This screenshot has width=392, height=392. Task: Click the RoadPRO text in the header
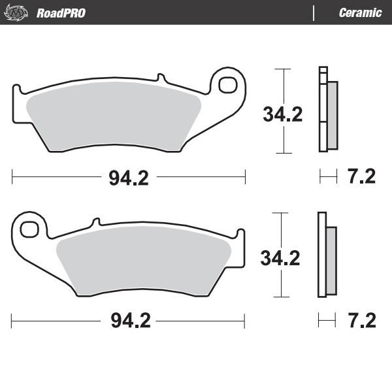[x=61, y=13]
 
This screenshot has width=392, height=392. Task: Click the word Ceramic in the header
[x=360, y=13]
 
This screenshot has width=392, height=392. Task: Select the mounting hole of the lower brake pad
[x=29, y=229]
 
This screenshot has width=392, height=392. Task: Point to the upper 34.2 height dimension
[x=283, y=115]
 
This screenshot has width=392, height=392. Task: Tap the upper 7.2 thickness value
[x=361, y=177]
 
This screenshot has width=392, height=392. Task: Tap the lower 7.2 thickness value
[x=361, y=320]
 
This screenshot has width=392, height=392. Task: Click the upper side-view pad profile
[x=323, y=110]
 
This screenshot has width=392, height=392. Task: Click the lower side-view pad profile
[x=322, y=255]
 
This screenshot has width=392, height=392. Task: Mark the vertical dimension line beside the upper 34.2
[x=282, y=82]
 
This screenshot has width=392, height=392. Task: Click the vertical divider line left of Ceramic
[x=315, y=13]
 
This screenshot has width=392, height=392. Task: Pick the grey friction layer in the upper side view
[x=333, y=114]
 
